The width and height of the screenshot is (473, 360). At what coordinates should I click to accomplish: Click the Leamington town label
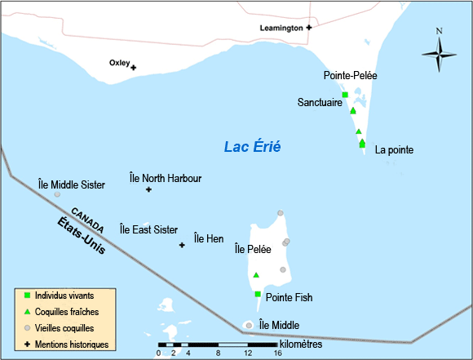281,27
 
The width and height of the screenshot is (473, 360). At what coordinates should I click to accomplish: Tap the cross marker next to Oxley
134,67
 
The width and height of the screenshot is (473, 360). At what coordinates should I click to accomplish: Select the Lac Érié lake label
253,147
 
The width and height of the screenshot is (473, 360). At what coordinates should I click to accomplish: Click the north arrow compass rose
439,53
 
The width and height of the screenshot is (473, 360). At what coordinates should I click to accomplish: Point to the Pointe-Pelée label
350,75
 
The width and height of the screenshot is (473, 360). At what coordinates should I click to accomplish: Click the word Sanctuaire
320,104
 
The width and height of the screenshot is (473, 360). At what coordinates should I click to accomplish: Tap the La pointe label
394,150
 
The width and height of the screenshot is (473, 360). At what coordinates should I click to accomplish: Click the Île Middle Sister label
72,184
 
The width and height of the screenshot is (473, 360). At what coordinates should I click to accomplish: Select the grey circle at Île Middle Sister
57,194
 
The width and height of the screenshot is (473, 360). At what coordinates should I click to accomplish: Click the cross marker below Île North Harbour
148,190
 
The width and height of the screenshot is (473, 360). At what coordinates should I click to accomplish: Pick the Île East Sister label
148,229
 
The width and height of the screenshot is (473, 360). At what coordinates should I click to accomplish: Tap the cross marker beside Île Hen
182,244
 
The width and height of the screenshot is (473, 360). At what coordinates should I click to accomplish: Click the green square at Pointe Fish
258,294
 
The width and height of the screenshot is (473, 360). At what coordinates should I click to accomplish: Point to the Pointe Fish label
289,297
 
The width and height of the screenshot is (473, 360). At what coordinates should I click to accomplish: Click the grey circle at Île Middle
249,325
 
